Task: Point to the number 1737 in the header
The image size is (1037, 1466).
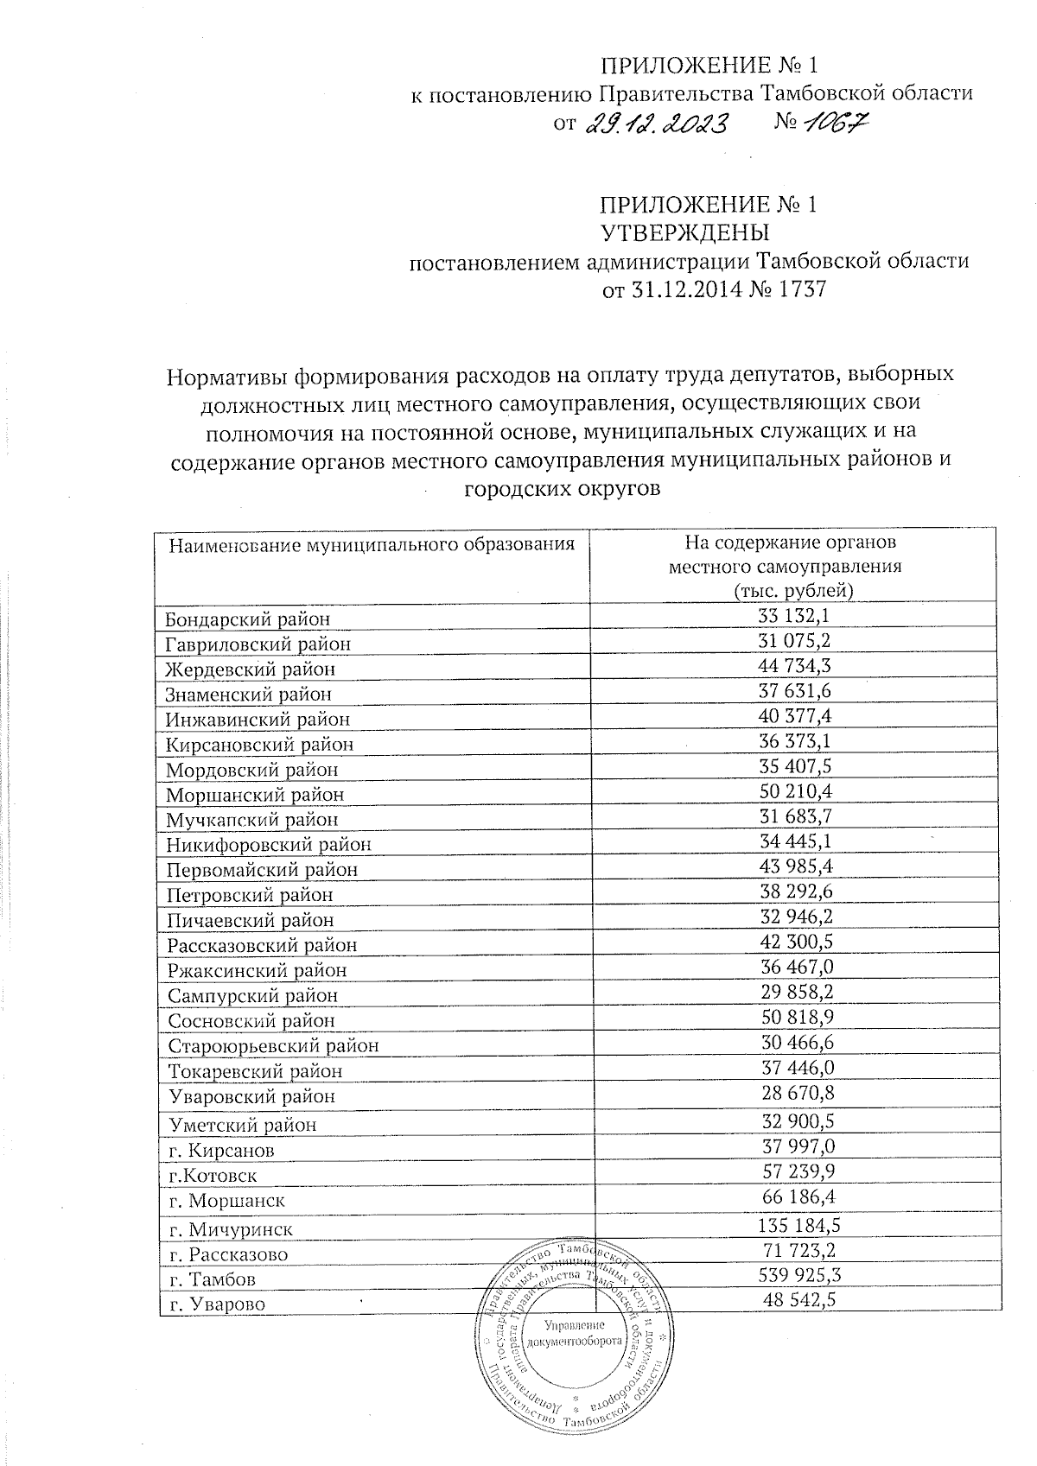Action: [803, 289]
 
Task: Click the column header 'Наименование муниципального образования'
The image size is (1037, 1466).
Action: [372, 545]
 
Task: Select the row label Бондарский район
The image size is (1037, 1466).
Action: [248, 619]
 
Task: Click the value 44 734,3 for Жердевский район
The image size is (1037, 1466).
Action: [794, 665]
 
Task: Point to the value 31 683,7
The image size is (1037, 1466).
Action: [794, 816]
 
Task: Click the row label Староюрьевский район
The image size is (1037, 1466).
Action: [272, 1046]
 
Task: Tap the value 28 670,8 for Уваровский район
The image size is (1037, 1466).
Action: [794, 1094]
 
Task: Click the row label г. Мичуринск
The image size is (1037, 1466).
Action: [230, 1229]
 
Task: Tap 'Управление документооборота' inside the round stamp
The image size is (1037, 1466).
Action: [575, 1334]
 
